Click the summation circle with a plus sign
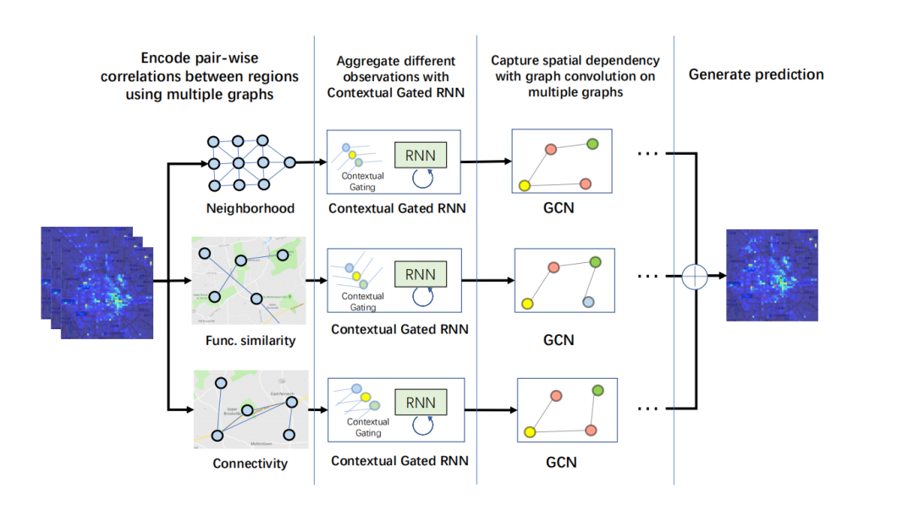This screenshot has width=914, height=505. (693, 276)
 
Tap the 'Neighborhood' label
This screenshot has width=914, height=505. (250, 208)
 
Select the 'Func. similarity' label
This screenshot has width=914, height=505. (250, 340)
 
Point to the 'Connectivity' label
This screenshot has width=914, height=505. (250, 464)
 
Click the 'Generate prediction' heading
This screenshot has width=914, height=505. (756, 74)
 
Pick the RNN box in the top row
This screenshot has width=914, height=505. (421, 154)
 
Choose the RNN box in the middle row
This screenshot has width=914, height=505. (421, 274)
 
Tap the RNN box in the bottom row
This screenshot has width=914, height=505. (421, 403)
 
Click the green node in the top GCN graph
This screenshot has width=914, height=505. (592, 144)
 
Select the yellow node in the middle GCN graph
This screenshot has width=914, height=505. (526, 303)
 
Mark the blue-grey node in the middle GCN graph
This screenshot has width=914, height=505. (588, 301)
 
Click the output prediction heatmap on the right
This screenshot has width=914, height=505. (772, 275)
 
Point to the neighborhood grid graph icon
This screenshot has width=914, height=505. (251, 162)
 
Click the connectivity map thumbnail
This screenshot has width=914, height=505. (251, 409)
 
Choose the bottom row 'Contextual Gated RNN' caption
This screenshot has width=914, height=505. (399, 462)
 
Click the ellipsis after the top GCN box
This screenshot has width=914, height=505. (647, 152)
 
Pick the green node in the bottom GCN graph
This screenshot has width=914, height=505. (598, 391)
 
